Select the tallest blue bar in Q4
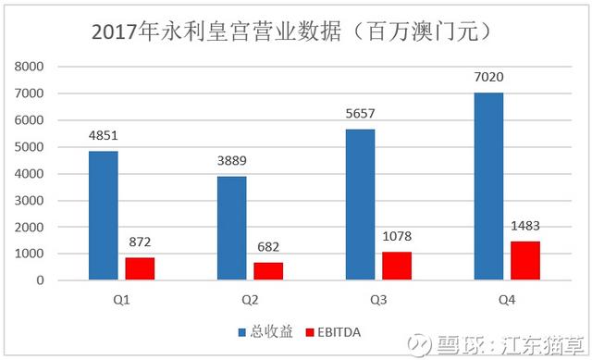coord(488,186)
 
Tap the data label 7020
coord(489,79)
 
